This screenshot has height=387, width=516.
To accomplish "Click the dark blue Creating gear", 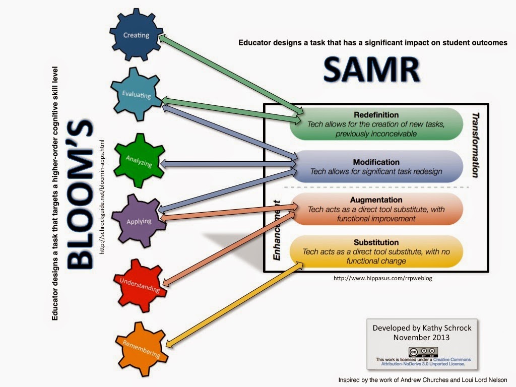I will pyautogui.click(x=137, y=36).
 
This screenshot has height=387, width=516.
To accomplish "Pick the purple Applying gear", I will pyautogui.click(x=139, y=221).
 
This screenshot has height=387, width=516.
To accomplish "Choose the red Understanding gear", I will pyautogui.click(x=140, y=284).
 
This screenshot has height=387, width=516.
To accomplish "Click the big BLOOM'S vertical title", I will pyautogui.click(x=80, y=194).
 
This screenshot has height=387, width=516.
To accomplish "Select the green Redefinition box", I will pyautogui.click(x=376, y=123).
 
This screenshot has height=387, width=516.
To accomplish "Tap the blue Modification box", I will pyautogui.click(x=376, y=167).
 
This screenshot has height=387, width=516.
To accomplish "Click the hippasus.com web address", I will pyautogui.click(x=382, y=278).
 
